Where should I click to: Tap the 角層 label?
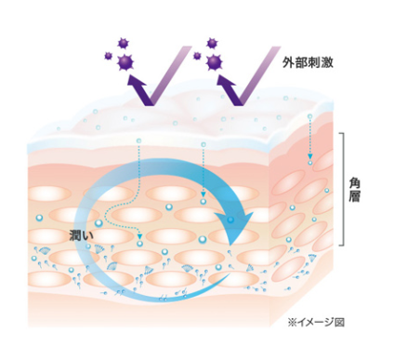click(356, 192)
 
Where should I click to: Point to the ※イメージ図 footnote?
click(316, 321)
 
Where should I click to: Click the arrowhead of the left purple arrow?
click(137, 86)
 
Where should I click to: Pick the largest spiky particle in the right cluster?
click(216, 62)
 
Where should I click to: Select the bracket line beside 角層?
click(345, 190)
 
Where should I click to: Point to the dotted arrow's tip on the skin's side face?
click(309, 159)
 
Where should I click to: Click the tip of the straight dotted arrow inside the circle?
click(202, 201)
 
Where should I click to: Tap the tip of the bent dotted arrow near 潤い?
click(139, 245)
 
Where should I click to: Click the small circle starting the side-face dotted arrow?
click(309, 117)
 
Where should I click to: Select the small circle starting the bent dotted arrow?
click(139, 140)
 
